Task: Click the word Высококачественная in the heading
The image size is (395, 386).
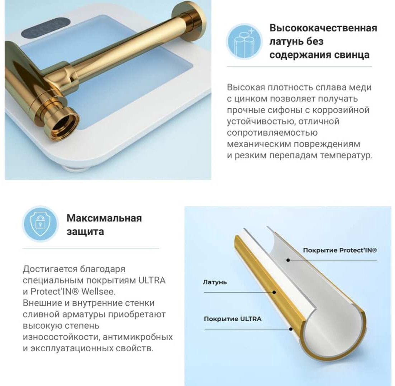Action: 323,28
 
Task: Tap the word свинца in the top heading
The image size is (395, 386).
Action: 352,55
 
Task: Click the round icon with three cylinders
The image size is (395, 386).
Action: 244,41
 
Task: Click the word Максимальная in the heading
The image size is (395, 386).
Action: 104,218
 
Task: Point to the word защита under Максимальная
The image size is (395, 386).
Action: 85,232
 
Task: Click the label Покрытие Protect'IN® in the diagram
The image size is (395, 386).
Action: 340,250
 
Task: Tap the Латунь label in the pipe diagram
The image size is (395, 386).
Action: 215,282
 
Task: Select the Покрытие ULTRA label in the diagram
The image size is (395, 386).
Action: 232,319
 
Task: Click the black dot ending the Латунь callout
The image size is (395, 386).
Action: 274,292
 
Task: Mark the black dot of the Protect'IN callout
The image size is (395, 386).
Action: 288,260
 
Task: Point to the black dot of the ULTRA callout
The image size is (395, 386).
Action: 291,329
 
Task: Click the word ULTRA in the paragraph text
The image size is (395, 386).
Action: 152,280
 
